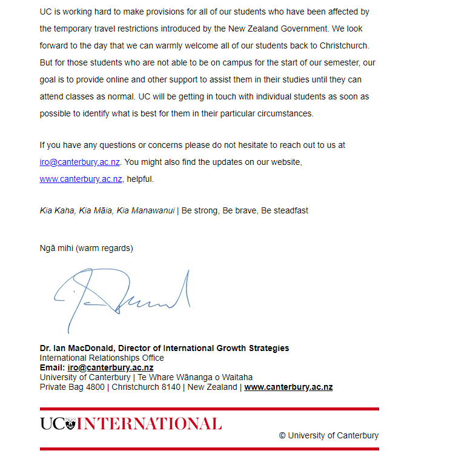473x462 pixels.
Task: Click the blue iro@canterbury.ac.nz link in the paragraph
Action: (79, 162)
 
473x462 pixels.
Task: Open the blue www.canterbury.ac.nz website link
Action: (81, 179)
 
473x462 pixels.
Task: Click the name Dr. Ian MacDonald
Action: (77, 348)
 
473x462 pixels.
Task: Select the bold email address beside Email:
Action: (110, 367)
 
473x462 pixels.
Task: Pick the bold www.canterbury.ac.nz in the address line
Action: (288, 387)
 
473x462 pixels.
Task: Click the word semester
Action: (340, 62)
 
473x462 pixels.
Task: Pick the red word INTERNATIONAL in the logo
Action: (149, 424)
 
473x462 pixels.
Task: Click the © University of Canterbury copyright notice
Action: (328, 435)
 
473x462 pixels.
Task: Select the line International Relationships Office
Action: (102, 358)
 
